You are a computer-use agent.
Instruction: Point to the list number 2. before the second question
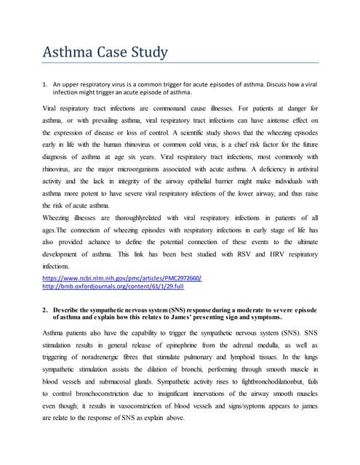[45, 310]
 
